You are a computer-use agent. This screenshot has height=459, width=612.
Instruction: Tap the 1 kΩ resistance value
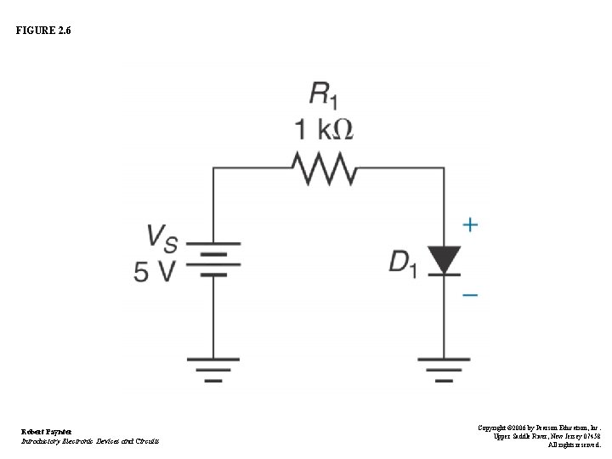coord(324,130)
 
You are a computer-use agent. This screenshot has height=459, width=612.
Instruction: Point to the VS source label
coord(162,237)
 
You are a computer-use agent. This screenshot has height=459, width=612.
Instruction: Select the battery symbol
coord(213,263)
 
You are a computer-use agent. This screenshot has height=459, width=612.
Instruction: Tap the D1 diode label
coord(403,263)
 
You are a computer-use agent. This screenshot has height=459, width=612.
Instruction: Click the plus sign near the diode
coord(470,225)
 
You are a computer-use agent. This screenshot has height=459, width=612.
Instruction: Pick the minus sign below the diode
coord(470,295)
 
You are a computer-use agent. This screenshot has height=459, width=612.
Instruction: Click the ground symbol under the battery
coord(213,369)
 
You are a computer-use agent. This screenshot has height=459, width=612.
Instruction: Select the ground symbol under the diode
coord(443,369)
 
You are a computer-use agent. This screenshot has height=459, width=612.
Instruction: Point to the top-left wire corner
coord(213,168)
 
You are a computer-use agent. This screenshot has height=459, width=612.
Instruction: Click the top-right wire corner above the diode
coord(443,168)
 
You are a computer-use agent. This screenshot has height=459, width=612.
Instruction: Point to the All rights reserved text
coord(574,444)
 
